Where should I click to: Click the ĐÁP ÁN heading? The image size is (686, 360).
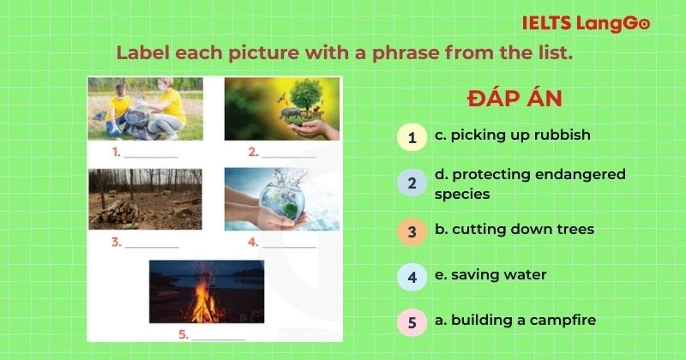pyautogui.click(x=514, y=99)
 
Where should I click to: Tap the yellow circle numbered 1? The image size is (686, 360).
pyautogui.click(x=412, y=136)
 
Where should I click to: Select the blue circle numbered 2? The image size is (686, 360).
pyautogui.click(x=412, y=183)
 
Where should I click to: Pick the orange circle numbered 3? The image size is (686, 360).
pyautogui.click(x=412, y=231)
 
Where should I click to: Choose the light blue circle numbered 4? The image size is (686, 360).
pyautogui.click(x=412, y=277)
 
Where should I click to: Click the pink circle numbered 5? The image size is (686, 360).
pyautogui.click(x=412, y=322)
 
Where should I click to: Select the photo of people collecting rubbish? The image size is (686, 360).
pyautogui.click(x=146, y=109)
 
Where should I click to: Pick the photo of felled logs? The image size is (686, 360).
pyautogui.click(x=146, y=199)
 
